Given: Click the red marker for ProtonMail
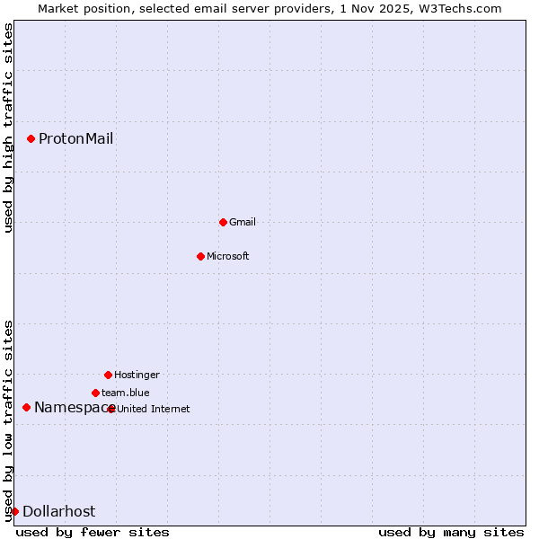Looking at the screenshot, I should [31, 138].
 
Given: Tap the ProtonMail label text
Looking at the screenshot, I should [75, 138].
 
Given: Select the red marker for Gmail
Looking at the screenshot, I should [223, 222].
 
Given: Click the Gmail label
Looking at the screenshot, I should [243, 222].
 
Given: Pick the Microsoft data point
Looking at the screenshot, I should [200, 256].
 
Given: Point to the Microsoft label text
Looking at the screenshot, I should [228, 256].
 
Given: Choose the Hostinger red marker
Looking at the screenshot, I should [108, 375].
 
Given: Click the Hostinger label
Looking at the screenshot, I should [137, 375].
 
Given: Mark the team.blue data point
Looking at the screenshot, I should [95, 393].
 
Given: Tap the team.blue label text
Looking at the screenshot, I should [126, 393].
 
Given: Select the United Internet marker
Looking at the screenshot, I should [111, 409].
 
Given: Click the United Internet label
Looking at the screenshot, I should [154, 409].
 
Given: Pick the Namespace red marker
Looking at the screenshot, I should [26, 407].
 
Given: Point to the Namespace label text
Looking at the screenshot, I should [70, 407].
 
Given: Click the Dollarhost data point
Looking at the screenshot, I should [14, 511].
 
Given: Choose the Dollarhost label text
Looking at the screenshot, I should [58, 511].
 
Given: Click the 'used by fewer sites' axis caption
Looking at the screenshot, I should [93, 532].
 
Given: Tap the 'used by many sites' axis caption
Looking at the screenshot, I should [451, 532].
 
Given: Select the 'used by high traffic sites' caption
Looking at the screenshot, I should [8, 128].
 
